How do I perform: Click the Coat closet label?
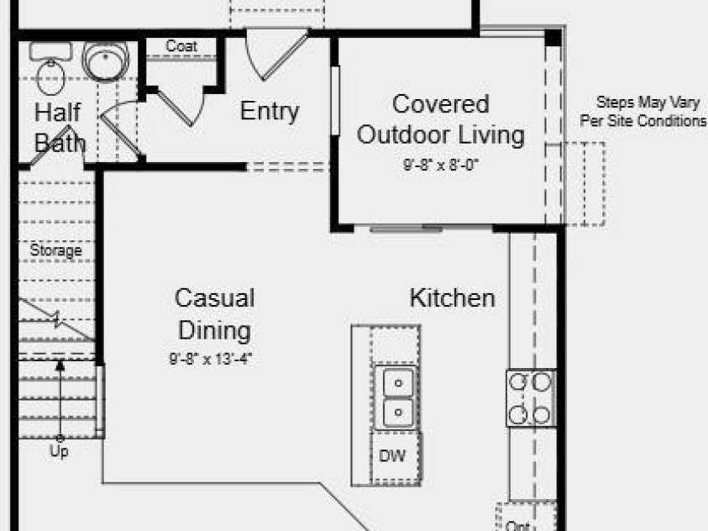181,45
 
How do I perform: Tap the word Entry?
270,111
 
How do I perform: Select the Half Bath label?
59,128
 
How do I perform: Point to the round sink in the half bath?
106,61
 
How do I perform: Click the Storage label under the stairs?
56,250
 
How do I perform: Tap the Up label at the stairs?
59,451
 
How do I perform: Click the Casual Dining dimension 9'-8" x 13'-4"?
211,359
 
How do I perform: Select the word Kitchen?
453,298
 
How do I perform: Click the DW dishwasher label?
392,456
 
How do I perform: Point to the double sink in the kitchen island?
397,397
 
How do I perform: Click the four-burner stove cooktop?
531,398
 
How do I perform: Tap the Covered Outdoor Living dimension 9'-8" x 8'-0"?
441,165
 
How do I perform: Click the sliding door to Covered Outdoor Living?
406,229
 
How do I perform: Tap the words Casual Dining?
215,314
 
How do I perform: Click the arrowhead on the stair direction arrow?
60,365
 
